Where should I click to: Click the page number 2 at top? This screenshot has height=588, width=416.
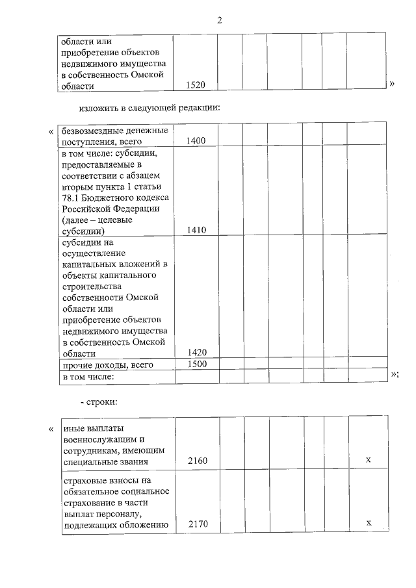(219, 20)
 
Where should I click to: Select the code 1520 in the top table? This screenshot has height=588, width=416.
(196, 85)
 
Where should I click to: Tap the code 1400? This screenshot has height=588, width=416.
(196, 141)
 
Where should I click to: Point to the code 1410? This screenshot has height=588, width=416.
(196, 230)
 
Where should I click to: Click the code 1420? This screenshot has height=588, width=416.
(196, 353)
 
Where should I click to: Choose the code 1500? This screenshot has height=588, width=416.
(196, 364)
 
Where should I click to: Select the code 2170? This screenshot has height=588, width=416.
(198, 524)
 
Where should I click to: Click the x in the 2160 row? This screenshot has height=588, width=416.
(368, 461)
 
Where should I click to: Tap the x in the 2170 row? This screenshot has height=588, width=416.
(368, 523)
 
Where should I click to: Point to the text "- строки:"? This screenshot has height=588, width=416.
(98, 403)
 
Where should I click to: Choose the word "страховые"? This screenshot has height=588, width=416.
(85, 481)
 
